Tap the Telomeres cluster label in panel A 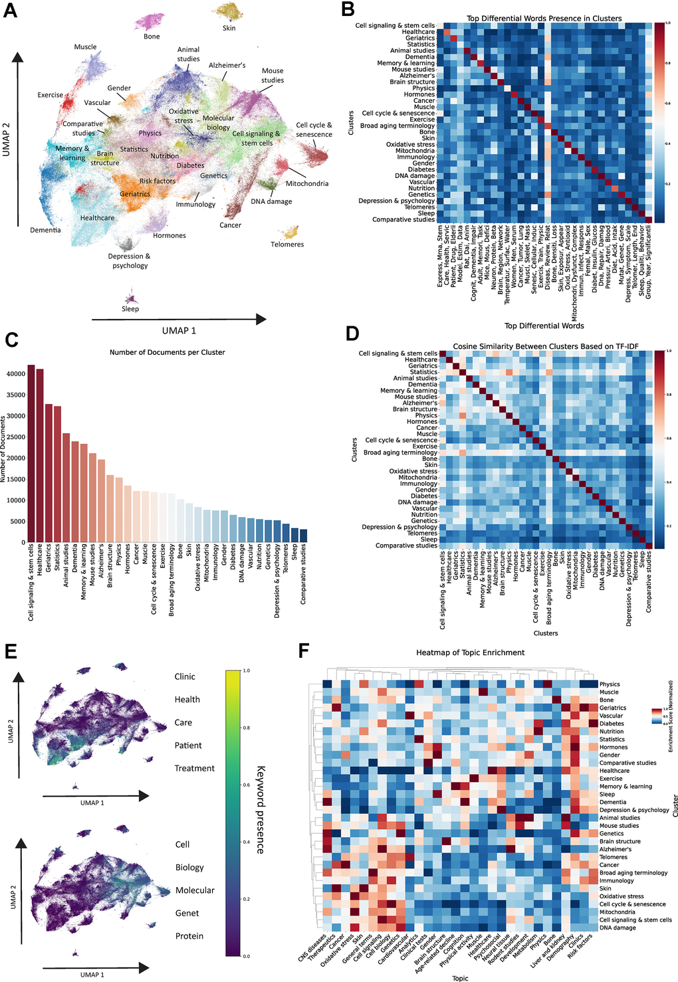[287, 245]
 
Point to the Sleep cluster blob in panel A [130, 296]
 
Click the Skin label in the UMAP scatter [229, 29]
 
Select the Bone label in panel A [152, 37]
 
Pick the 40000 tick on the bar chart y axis [17, 374]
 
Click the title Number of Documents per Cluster [167, 352]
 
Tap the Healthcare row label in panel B [418, 32]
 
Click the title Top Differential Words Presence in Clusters [544, 19]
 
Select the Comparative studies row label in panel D [406, 545]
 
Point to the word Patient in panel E [188, 745]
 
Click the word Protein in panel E [189, 936]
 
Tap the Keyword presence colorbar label [261, 809]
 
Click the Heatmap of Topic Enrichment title [470, 652]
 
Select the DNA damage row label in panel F [618, 928]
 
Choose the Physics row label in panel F [610, 684]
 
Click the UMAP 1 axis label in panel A [179, 331]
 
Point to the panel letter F [304, 650]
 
